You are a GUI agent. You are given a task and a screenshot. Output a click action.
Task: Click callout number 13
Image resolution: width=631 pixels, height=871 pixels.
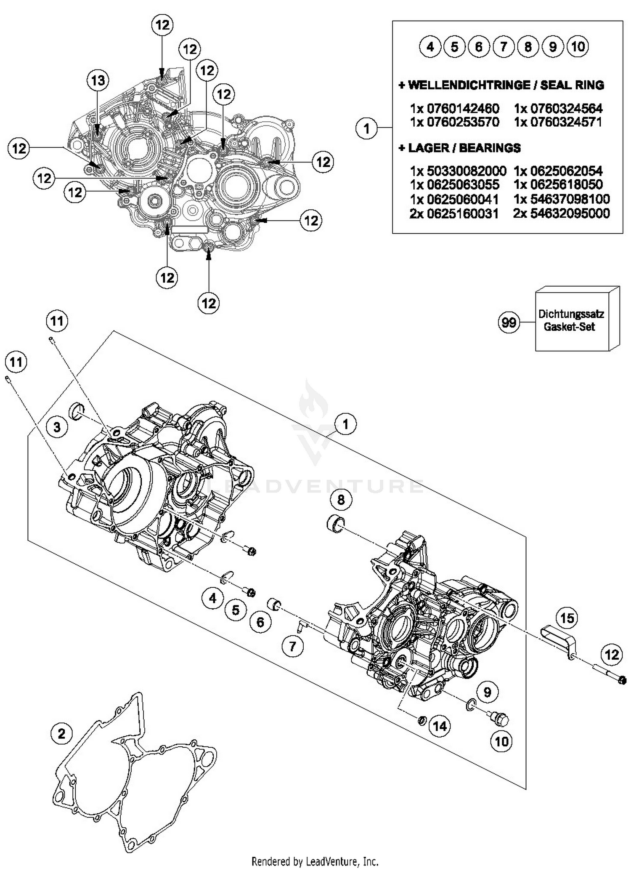pyautogui.click(x=98, y=80)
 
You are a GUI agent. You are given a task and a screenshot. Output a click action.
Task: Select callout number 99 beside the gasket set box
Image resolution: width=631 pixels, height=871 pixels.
pyautogui.click(x=509, y=323)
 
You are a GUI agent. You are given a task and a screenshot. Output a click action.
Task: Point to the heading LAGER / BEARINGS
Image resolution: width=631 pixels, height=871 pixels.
pyautogui.click(x=459, y=148)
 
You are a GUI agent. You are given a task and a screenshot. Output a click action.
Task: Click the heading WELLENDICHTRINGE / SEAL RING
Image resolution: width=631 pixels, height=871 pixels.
pyautogui.click(x=501, y=85)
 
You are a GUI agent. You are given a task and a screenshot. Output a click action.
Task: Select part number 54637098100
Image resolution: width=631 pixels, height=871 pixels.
pyautogui.click(x=561, y=199)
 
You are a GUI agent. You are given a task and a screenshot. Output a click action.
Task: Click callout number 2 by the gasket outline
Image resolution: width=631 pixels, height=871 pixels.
pyautogui.click(x=61, y=734)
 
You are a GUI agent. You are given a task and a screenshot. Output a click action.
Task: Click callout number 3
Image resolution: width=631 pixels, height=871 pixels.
pyautogui.click(x=57, y=427)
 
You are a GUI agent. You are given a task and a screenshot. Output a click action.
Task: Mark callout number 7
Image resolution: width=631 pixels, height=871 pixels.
pyautogui.click(x=292, y=646)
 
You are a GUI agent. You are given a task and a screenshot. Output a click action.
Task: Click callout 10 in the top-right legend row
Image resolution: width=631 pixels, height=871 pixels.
pyautogui.click(x=578, y=46)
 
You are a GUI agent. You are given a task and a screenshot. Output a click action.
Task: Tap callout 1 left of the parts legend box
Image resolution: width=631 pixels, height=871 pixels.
pyautogui.click(x=366, y=128)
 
